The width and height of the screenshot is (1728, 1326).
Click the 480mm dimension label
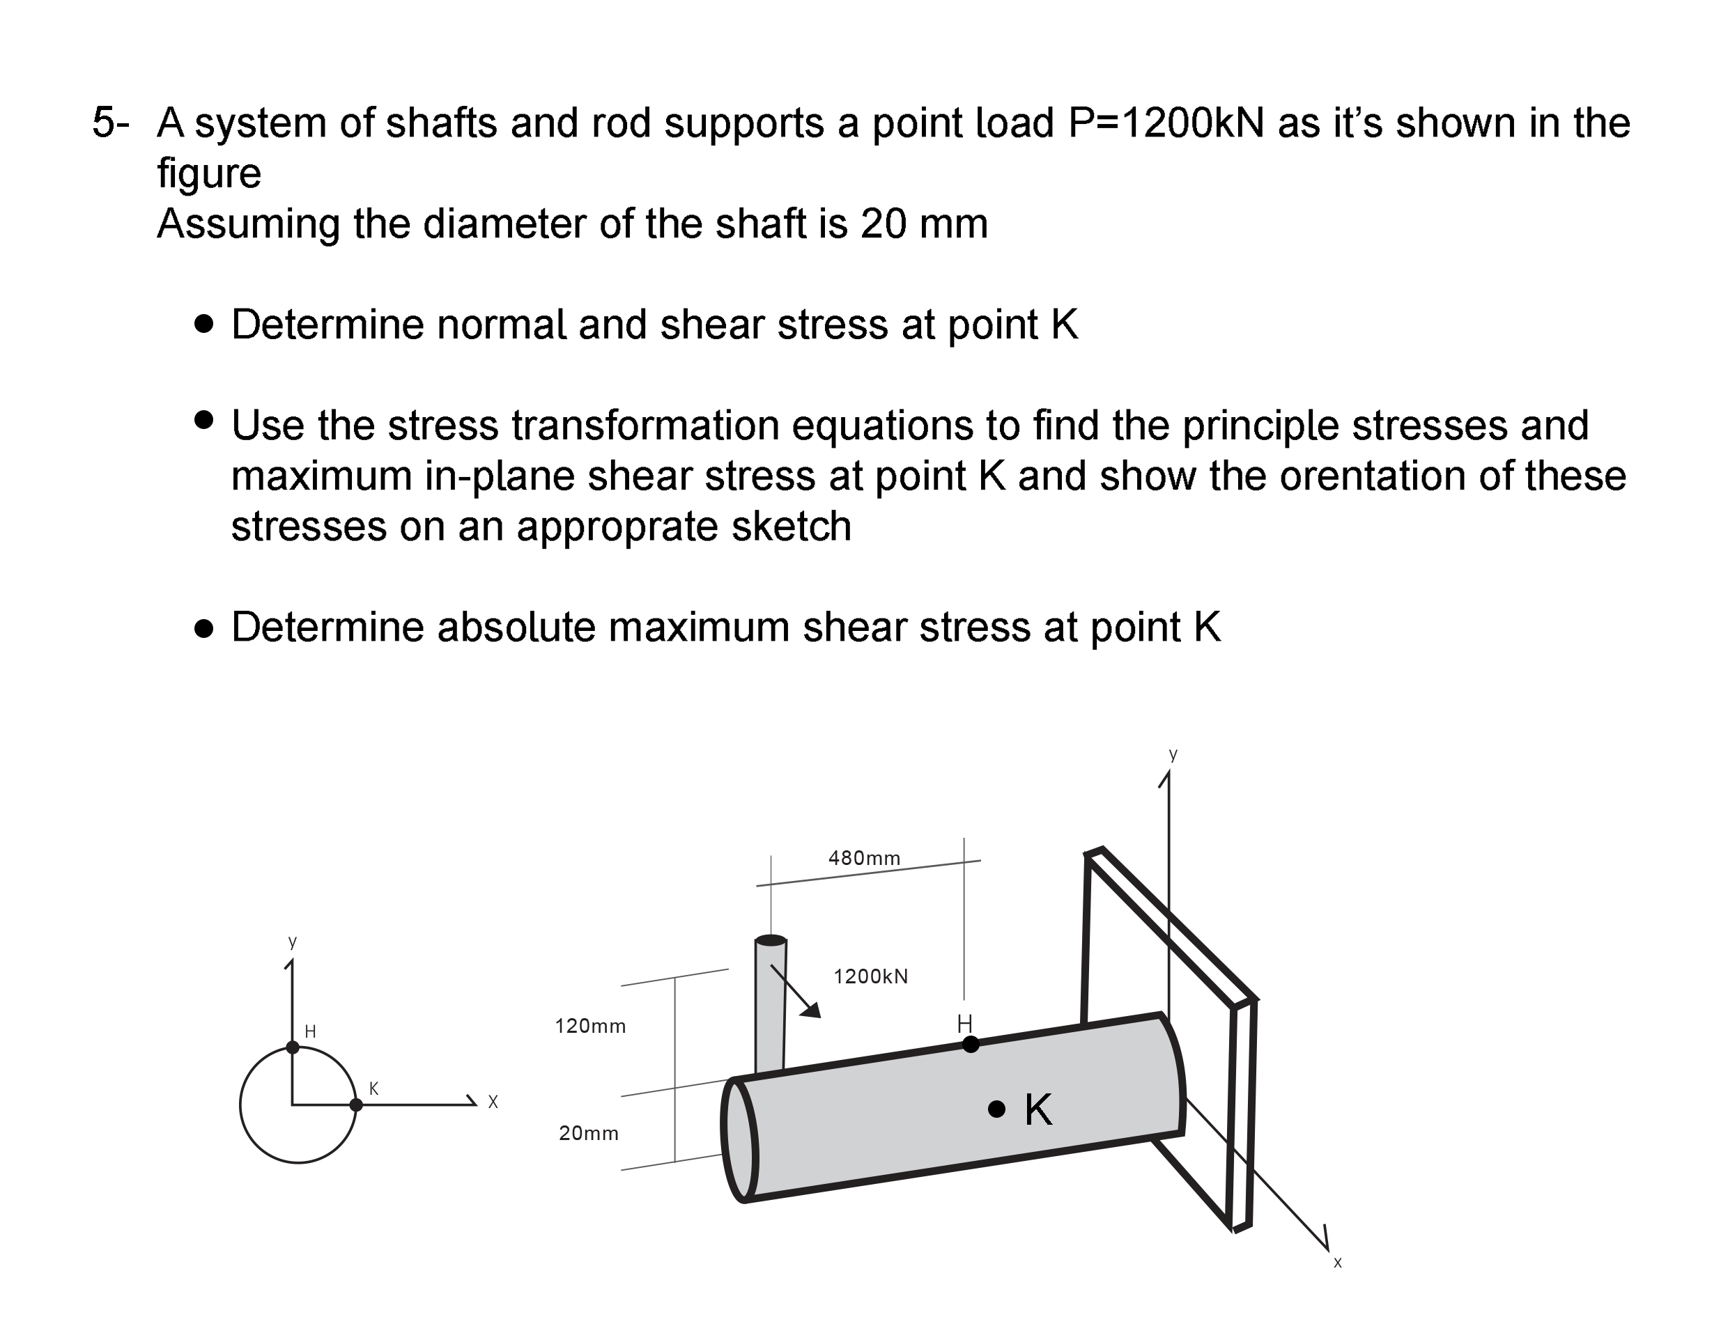[864, 858]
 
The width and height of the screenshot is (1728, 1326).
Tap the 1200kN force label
[870, 976]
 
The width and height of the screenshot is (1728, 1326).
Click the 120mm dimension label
[590, 1026]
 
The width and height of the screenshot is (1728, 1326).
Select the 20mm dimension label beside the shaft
[588, 1133]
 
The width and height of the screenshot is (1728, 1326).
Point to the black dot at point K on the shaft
[996, 1109]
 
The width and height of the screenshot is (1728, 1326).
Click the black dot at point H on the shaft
[971, 1044]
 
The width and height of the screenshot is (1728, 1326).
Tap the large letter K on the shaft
[1037, 1109]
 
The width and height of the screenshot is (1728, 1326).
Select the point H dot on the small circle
[292, 1047]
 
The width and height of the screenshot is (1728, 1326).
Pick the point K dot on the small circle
[356, 1105]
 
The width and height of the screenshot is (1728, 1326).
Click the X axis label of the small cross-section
[493, 1102]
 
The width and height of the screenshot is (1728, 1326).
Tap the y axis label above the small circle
[292, 942]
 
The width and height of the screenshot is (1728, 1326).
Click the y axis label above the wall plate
[1173, 754]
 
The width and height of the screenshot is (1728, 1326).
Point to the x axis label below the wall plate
[1337, 1263]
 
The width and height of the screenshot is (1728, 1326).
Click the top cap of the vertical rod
[771, 940]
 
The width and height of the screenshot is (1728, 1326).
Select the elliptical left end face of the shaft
[739, 1140]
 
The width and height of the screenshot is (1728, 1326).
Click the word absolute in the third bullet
[516, 627]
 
